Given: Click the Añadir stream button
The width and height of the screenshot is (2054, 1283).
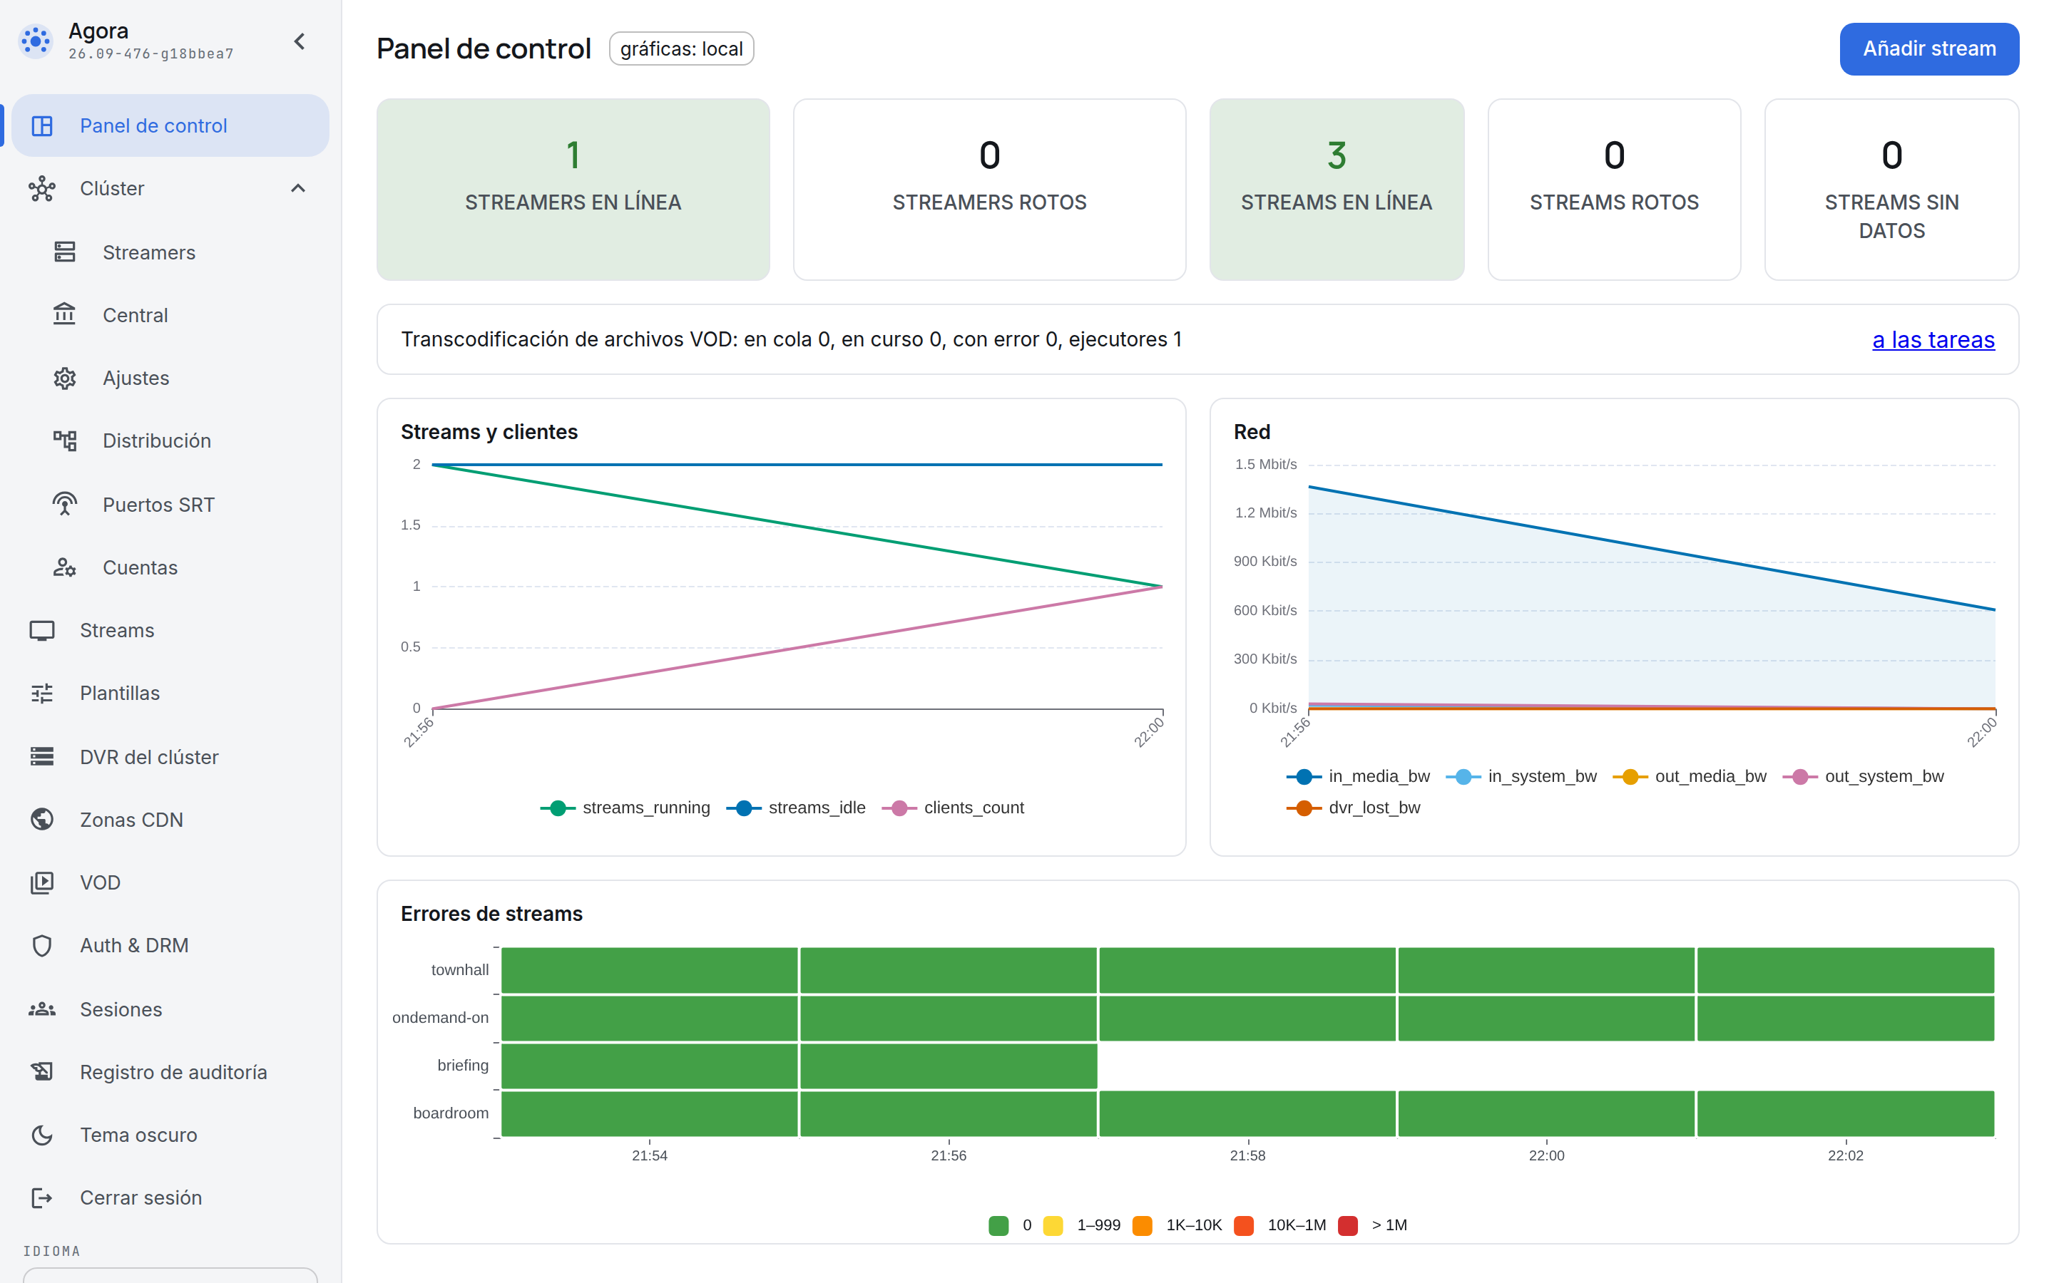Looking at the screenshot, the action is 1928,49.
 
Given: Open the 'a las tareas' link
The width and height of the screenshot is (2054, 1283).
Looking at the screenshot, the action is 1933,339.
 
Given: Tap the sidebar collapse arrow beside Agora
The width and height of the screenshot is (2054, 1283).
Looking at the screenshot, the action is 300,41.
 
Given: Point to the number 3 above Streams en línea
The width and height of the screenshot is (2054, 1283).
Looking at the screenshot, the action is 1337,155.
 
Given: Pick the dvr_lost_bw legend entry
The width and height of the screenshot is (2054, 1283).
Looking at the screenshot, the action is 1354,808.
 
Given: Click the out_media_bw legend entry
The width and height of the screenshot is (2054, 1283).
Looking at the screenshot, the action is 1690,776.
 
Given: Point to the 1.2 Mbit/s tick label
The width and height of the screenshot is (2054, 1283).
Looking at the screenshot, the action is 1265,512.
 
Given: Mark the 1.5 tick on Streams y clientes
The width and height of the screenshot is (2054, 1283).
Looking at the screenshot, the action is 411,525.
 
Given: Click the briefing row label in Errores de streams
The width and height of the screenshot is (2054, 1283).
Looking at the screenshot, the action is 463,1065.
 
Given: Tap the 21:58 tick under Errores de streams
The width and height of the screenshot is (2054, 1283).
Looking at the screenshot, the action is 1247,1155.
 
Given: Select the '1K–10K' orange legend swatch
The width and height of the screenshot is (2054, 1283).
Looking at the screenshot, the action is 1143,1225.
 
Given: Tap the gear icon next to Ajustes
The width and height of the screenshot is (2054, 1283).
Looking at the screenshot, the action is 64,378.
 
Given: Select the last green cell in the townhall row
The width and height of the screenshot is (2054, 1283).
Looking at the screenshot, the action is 1845,970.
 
